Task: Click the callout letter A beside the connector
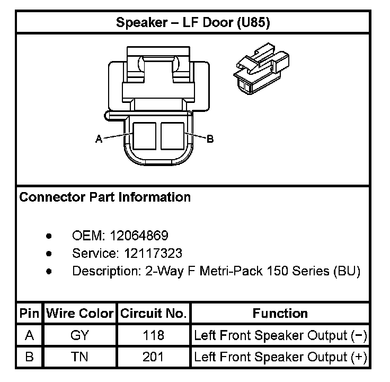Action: [99, 139]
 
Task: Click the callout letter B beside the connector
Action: [210, 139]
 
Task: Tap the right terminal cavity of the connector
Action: [172, 136]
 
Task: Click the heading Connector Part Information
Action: [105, 197]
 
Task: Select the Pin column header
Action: [29, 313]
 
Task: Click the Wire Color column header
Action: [79, 313]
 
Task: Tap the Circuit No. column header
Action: [153, 313]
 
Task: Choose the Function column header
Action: [280, 313]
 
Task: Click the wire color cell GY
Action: [79, 335]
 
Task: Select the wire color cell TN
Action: [79, 357]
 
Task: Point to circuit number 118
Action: [153, 335]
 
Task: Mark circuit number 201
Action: [153, 357]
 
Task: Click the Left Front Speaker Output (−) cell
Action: [280, 335]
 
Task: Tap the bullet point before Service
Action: [49, 253]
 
